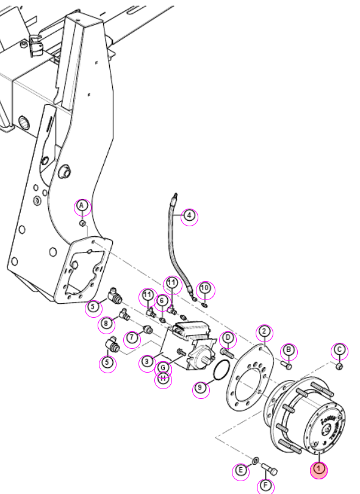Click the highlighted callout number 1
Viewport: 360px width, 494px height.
[x=319, y=470]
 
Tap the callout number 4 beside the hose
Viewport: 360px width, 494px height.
[x=189, y=216]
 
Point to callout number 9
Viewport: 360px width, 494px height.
[x=200, y=387]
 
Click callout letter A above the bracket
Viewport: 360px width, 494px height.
[x=82, y=206]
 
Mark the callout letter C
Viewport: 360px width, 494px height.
[x=339, y=349]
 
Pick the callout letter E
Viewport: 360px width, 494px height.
[x=240, y=471]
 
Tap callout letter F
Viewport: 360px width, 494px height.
[x=265, y=485]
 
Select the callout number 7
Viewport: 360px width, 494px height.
[x=132, y=338]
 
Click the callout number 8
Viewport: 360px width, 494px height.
[x=106, y=324]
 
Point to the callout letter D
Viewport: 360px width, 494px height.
[x=228, y=338]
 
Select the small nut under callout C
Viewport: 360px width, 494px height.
[x=339, y=367]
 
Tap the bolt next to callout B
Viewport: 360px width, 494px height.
[x=287, y=366]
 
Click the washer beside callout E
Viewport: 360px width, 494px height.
[x=255, y=462]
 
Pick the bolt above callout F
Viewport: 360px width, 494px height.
[x=270, y=469]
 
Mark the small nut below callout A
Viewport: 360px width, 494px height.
[x=82, y=223]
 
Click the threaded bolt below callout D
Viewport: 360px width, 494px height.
[x=228, y=353]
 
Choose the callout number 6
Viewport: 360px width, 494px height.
[x=162, y=301]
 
